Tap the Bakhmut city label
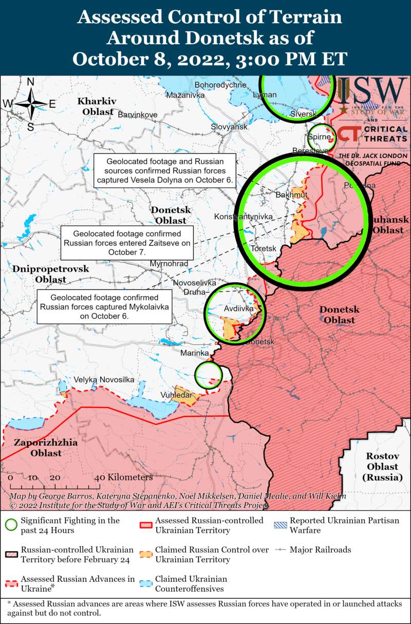(291, 195)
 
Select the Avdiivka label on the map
(239, 309)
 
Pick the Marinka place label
(194, 354)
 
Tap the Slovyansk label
(229, 126)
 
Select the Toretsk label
(264, 249)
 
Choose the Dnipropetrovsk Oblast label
(51, 274)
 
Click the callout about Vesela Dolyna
(165, 170)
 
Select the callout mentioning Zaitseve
(127, 243)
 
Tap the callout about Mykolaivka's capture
(105, 307)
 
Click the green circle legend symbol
(11, 525)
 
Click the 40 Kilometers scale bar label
(123, 478)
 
